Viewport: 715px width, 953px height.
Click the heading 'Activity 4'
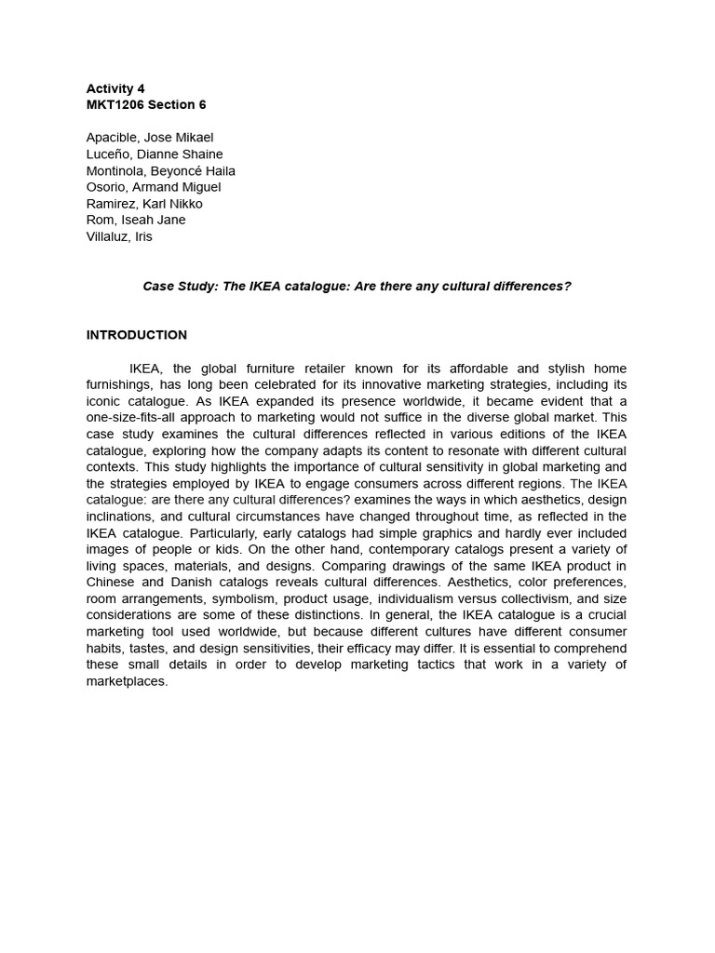[x=115, y=88]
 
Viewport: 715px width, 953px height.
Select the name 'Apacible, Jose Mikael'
[x=150, y=138]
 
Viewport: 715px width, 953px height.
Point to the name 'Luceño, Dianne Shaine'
[x=155, y=154]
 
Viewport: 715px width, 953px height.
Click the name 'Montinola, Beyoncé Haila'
[x=160, y=170]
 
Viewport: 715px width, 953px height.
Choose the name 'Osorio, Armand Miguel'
[x=154, y=187]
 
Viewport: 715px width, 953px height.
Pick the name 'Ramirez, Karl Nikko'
[x=144, y=204]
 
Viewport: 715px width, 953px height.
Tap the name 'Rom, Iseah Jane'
[x=136, y=220]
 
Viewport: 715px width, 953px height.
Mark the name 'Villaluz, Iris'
[x=119, y=236]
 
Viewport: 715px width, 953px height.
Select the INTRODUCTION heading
[x=137, y=335]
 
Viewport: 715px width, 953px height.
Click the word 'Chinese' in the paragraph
[x=111, y=583]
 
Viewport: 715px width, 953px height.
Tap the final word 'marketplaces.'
[x=127, y=681]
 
